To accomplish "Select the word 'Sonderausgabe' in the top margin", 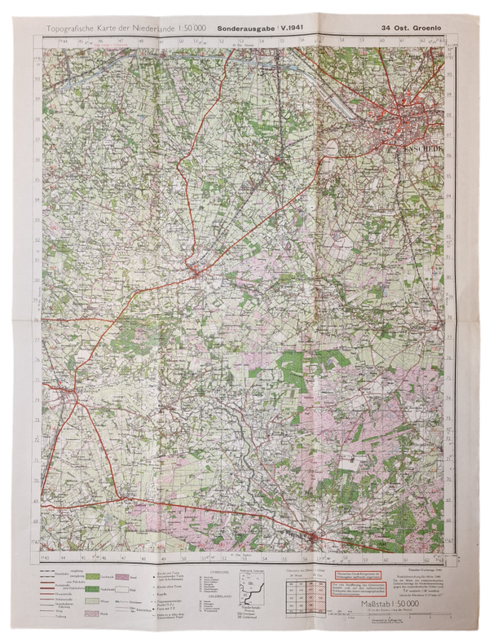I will click(x=243, y=30).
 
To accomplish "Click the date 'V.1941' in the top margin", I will click(x=291, y=30).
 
